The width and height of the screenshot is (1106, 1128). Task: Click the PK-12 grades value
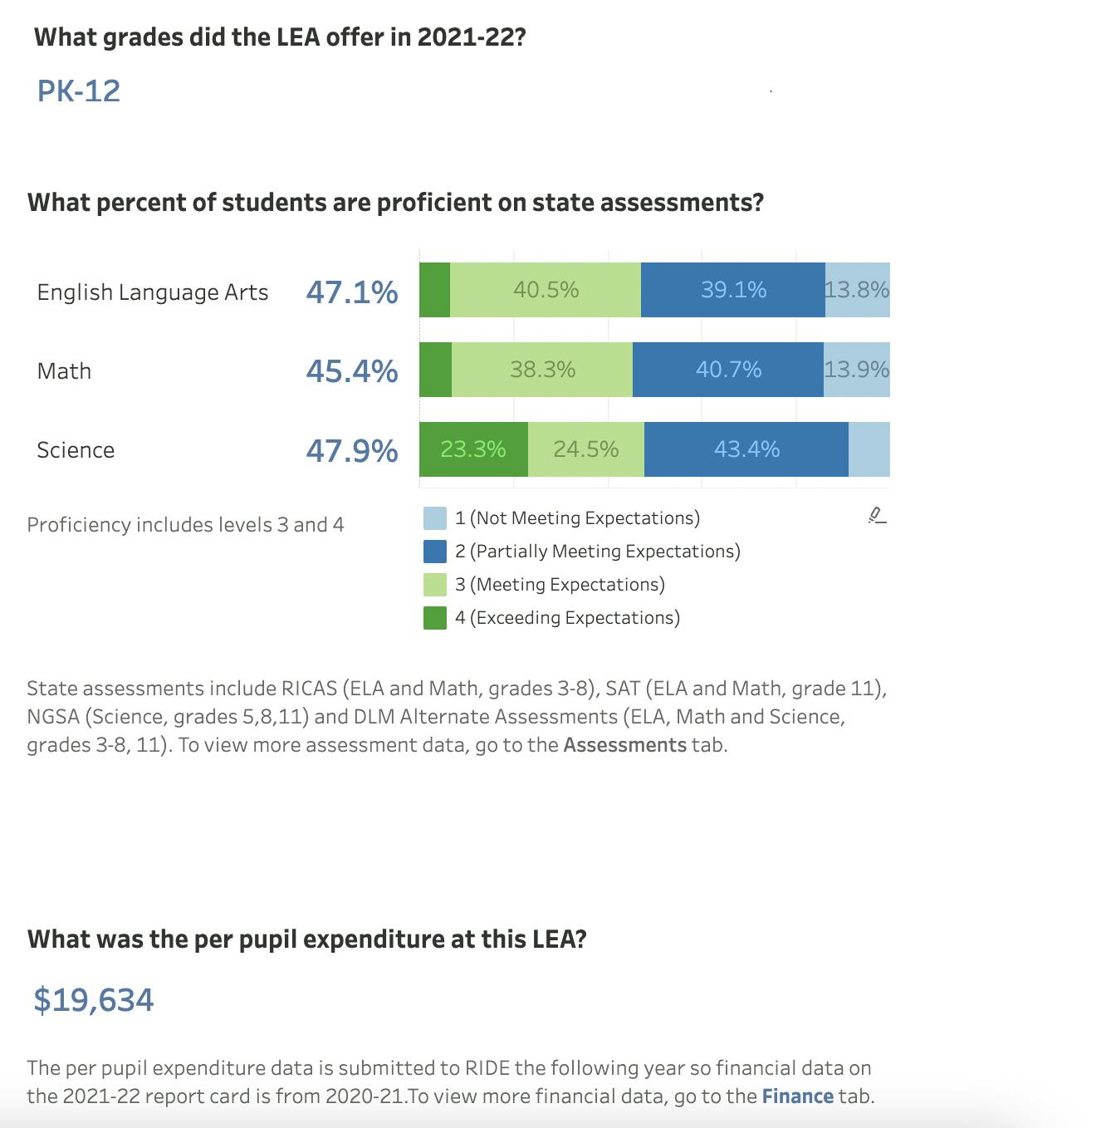point(79,91)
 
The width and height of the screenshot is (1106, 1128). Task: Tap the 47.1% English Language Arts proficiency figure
point(352,292)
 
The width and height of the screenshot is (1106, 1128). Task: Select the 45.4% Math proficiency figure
point(352,370)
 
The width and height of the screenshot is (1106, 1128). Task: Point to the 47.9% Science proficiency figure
point(352,450)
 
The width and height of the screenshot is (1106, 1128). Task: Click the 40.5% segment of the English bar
point(546,290)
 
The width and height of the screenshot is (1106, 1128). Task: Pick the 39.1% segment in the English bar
point(733,290)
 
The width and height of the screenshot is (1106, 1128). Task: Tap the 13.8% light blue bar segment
point(858,290)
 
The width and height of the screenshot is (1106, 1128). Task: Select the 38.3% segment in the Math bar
point(542,370)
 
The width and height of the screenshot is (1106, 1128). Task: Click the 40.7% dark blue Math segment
point(728,370)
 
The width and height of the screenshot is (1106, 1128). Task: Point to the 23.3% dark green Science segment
point(473,449)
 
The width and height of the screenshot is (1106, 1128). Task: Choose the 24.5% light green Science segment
point(586,449)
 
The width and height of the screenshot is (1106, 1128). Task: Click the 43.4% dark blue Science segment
point(746,449)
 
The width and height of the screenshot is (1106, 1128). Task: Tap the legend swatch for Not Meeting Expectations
point(435,518)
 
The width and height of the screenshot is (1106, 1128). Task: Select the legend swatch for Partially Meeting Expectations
point(435,552)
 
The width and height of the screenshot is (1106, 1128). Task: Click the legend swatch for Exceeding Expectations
point(435,618)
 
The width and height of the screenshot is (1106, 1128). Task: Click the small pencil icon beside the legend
point(877,516)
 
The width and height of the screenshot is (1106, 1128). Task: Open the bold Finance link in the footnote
point(797,1096)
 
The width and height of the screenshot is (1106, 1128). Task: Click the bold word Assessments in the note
point(624,744)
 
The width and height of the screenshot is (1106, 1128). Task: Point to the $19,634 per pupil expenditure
point(94,999)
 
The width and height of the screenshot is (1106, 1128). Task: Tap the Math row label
point(64,370)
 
